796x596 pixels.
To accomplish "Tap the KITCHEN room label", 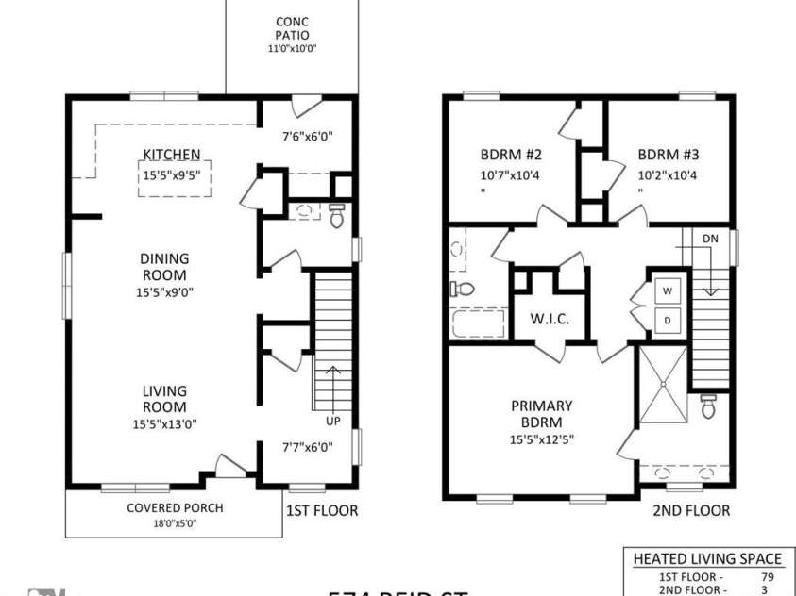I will pyautogui.click(x=171, y=155).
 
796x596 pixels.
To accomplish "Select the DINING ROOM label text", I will pyautogui.click(x=164, y=266).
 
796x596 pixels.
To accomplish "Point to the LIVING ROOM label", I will pyautogui.click(x=164, y=399).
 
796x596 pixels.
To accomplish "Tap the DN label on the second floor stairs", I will pyautogui.click(x=710, y=240).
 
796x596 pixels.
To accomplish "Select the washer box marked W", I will pyautogui.click(x=666, y=290).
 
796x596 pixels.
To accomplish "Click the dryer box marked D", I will pyautogui.click(x=666, y=321).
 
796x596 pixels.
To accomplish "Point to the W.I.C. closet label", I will pyautogui.click(x=549, y=319).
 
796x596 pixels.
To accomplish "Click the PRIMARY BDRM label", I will pyautogui.click(x=541, y=414).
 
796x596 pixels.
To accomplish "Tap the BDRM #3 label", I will pyautogui.click(x=668, y=155).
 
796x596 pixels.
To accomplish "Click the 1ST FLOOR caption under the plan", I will pyautogui.click(x=322, y=511).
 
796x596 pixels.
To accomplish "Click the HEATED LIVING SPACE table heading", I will pyautogui.click(x=706, y=558).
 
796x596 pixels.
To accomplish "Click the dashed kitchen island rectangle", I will pyautogui.click(x=175, y=178).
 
